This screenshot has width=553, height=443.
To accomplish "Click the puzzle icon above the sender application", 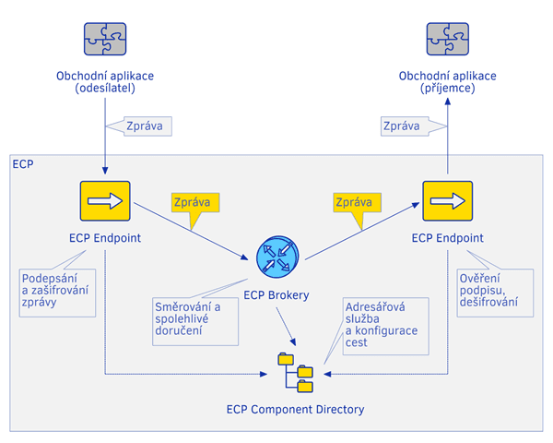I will pos(105,39).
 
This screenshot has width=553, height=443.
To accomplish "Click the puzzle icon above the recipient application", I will pos(448,39).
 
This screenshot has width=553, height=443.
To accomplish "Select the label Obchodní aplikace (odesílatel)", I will pos(105,82).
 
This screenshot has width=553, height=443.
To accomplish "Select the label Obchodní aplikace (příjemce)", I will pos(448,82).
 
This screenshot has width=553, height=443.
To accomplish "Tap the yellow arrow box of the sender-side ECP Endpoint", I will pos(105,200).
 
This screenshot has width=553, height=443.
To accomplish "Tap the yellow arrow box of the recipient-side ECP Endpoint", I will pos(448,200).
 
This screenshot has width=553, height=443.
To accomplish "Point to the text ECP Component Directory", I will pos(295,409).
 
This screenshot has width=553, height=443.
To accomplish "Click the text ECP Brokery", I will pos(276,295).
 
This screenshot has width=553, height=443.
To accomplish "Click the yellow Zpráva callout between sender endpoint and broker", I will pos(195,202).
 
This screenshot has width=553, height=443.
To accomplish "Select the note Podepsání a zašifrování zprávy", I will pos(56,290).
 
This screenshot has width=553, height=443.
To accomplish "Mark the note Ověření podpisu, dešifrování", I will pos(492,289).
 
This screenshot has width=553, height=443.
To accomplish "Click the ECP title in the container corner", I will pos(22,165).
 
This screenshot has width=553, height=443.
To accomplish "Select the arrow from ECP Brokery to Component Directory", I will pos(286,323).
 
